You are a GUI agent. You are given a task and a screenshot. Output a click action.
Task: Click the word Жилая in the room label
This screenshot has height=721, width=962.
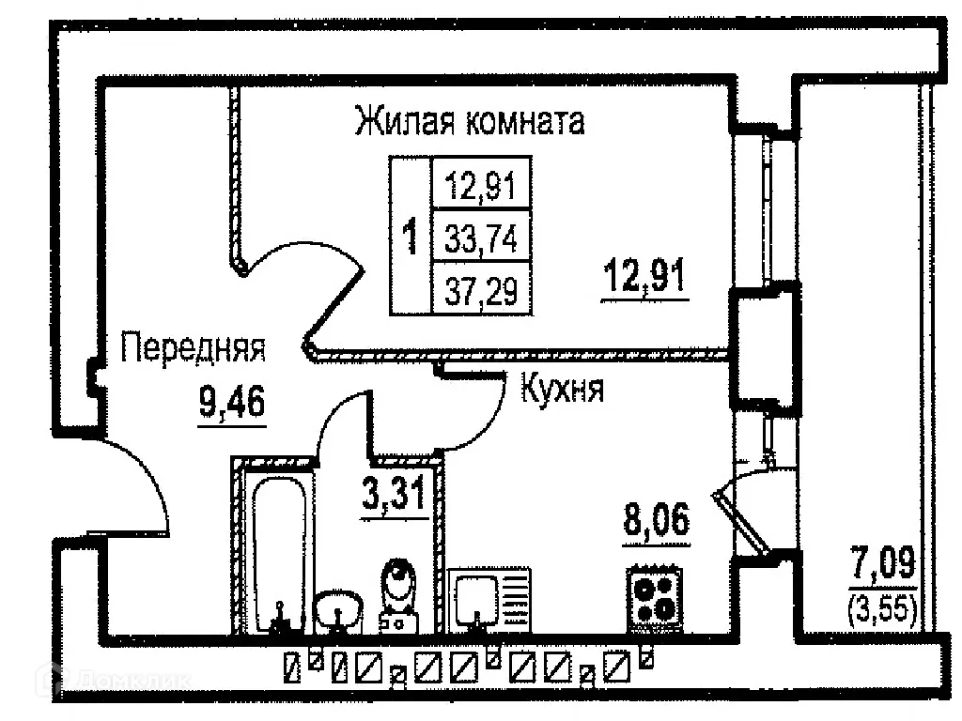pyautogui.click(x=405, y=121)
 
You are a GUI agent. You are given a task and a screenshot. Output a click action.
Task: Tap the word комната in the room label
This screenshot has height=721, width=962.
pyautogui.click(x=525, y=121)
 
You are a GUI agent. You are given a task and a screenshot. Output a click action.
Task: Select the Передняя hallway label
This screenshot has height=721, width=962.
pyautogui.click(x=194, y=347)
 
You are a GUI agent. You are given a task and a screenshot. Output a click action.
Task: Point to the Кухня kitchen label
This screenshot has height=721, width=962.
pyautogui.click(x=563, y=388)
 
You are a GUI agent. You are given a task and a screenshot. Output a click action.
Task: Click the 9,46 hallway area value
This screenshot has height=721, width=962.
pyautogui.click(x=232, y=403)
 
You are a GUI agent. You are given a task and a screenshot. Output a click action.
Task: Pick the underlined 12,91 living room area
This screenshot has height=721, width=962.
pyautogui.click(x=644, y=276)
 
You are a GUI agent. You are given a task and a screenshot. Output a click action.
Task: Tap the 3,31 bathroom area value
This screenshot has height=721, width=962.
pyautogui.click(x=394, y=494)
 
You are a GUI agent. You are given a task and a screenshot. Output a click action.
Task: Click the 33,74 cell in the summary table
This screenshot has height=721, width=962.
pyautogui.click(x=481, y=237)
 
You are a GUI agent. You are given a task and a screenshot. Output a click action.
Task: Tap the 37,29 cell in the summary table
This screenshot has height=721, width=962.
pyautogui.click(x=481, y=290)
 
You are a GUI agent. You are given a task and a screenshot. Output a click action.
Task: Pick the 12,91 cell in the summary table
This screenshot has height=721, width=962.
pyautogui.click(x=481, y=185)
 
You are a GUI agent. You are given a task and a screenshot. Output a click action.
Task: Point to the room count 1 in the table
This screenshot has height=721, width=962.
pyautogui.click(x=410, y=237)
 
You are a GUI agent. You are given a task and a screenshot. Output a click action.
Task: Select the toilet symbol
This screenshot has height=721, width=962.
pyautogui.click(x=398, y=594)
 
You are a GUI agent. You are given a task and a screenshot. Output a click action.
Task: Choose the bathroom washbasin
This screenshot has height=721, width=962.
pyautogui.click(x=338, y=611)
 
